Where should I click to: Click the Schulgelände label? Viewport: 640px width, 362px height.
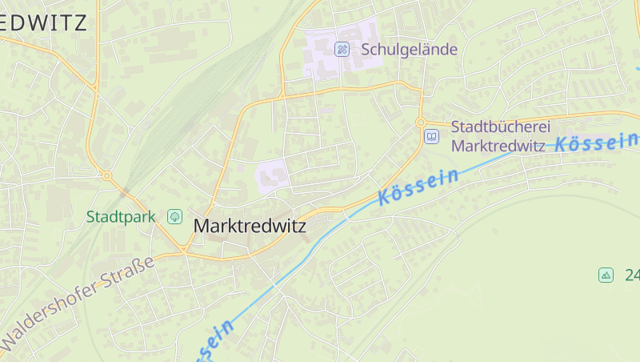[409, 49]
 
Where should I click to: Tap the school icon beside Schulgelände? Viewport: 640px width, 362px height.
[342, 50]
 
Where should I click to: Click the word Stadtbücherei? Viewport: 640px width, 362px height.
[498, 127]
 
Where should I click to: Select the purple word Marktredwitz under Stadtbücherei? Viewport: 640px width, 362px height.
[498, 146]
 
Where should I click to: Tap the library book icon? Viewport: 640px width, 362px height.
[432, 137]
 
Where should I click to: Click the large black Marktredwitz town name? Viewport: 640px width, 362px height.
[250, 227]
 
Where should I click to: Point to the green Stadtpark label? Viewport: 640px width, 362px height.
[121, 216]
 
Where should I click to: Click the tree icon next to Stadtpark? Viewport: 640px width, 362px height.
[174, 216]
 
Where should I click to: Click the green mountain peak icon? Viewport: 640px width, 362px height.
[606, 275]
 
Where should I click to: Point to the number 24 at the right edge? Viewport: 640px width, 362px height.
[632, 275]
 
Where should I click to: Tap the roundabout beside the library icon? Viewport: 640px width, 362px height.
[421, 123]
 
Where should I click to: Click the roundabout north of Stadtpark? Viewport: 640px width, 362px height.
[106, 175]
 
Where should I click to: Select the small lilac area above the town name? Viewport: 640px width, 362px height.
[271, 175]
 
